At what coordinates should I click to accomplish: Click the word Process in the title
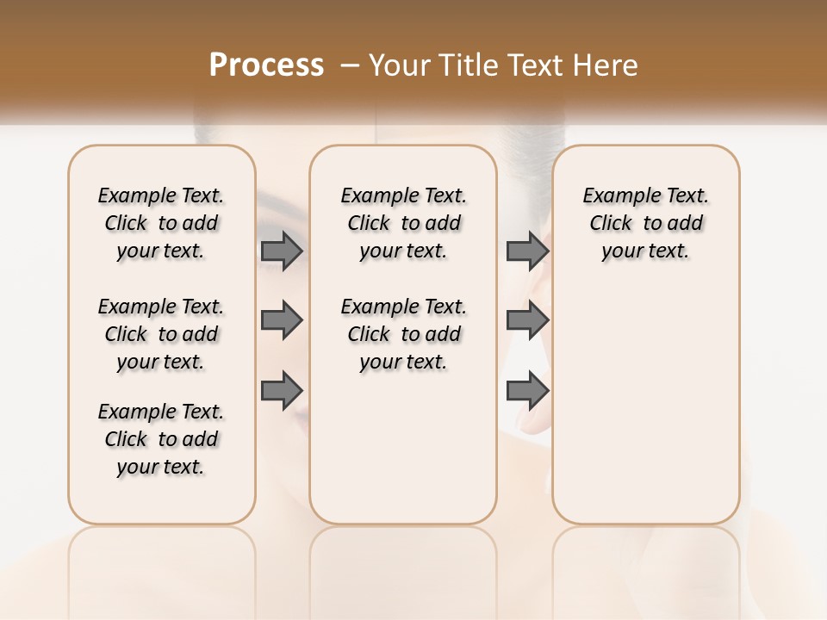pyautogui.click(x=266, y=65)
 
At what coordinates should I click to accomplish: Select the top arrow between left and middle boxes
pyautogui.click(x=282, y=251)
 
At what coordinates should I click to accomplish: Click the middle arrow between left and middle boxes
pyautogui.click(x=282, y=320)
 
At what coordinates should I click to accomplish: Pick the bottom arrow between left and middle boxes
pyautogui.click(x=282, y=390)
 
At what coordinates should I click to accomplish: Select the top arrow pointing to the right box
pyautogui.click(x=527, y=251)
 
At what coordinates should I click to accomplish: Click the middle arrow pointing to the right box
pyautogui.click(x=527, y=320)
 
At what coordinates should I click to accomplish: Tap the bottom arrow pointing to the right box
pyautogui.click(x=527, y=390)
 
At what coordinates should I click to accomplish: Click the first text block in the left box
pyautogui.click(x=161, y=223)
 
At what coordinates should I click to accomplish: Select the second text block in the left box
pyautogui.click(x=161, y=334)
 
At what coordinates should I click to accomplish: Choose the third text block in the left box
pyautogui.click(x=161, y=439)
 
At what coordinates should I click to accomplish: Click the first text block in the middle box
pyautogui.click(x=403, y=223)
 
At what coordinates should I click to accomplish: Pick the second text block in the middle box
pyautogui.click(x=403, y=334)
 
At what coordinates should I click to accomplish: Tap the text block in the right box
pyautogui.click(x=645, y=223)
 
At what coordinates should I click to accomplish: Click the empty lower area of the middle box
pyautogui.click(x=403, y=448)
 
